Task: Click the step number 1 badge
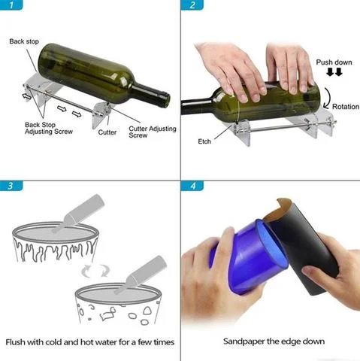click(x=11, y=5)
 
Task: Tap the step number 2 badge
click(x=192, y=5)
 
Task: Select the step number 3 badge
click(x=11, y=186)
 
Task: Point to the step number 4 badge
click(x=192, y=186)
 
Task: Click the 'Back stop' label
click(x=24, y=41)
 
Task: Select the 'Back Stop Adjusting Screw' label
click(x=49, y=128)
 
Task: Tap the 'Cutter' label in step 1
click(x=107, y=132)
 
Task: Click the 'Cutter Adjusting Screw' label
click(x=153, y=132)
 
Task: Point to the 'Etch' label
click(x=204, y=141)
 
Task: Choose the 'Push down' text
click(x=334, y=62)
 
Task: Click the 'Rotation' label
click(x=346, y=107)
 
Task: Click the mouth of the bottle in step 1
click(x=165, y=100)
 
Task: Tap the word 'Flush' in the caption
click(x=15, y=342)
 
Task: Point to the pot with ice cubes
click(x=118, y=304)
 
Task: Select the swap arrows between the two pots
click(x=95, y=271)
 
